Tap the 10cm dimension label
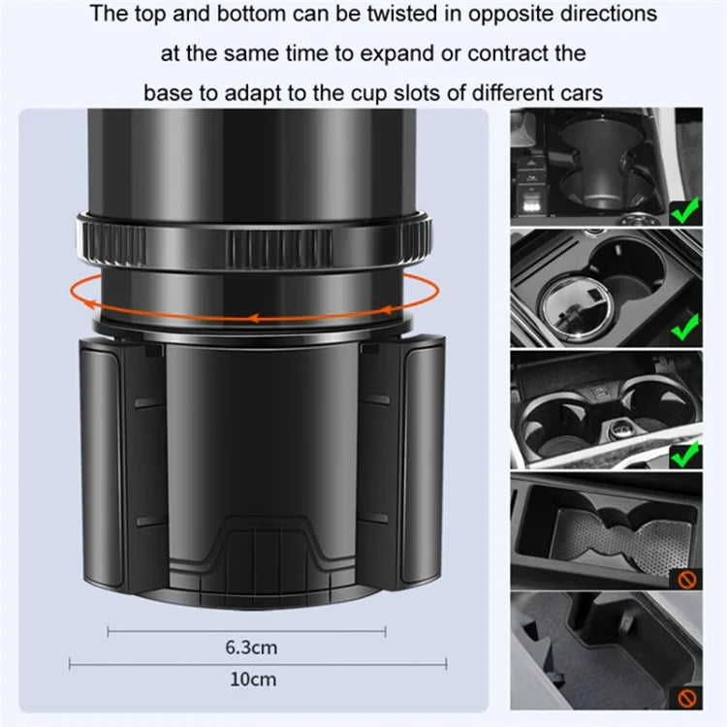pyautogui.click(x=248, y=679)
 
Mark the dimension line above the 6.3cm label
pyautogui.click(x=248, y=631)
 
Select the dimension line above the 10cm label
pyautogui.click(x=248, y=664)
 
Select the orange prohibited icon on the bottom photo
pyautogui.click(x=686, y=697)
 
